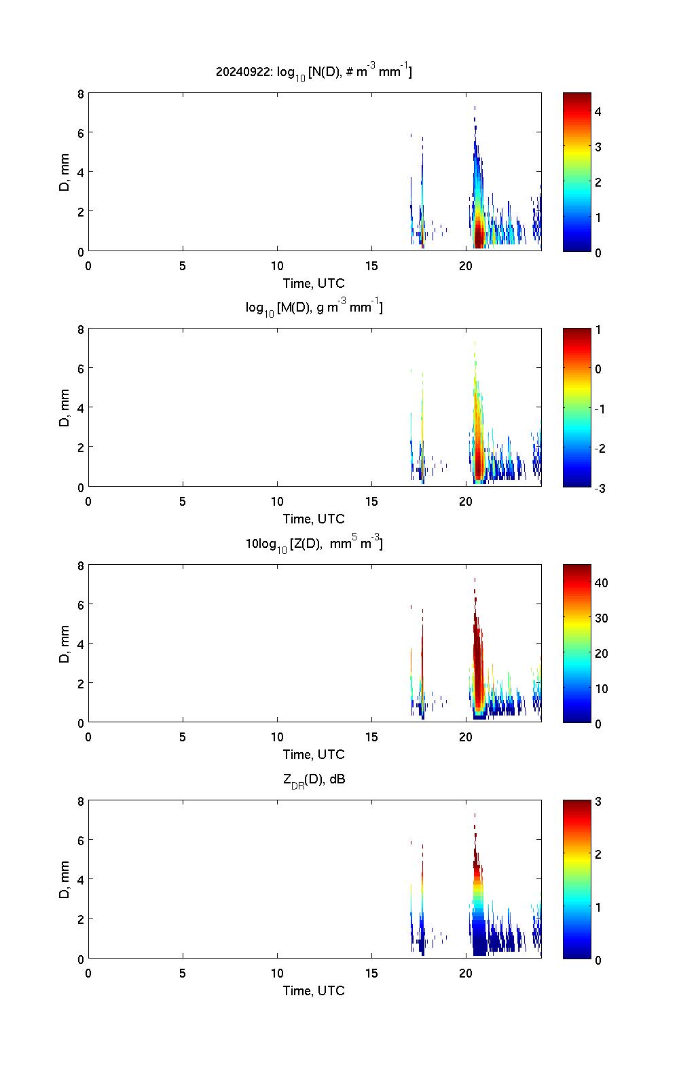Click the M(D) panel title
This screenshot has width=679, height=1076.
tap(314, 308)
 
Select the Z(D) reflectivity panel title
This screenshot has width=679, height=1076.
tap(314, 543)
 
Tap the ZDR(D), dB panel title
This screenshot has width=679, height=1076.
tap(314, 779)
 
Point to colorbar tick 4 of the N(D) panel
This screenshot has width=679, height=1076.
tap(598, 111)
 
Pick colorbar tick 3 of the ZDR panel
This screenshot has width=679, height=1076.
tap(598, 802)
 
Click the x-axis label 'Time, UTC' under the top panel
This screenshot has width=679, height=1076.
tap(314, 283)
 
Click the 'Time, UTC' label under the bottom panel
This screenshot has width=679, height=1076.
tap(314, 990)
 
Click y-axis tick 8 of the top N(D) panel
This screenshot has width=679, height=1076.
tap(81, 94)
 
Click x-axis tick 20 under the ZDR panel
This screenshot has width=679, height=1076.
tap(466, 973)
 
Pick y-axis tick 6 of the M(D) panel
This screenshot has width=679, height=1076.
tap(81, 369)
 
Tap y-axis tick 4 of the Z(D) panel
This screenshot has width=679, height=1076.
tap(81, 644)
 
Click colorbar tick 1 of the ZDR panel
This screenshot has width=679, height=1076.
tap(598, 907)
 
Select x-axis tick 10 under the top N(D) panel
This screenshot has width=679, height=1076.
tap(277, 265)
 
